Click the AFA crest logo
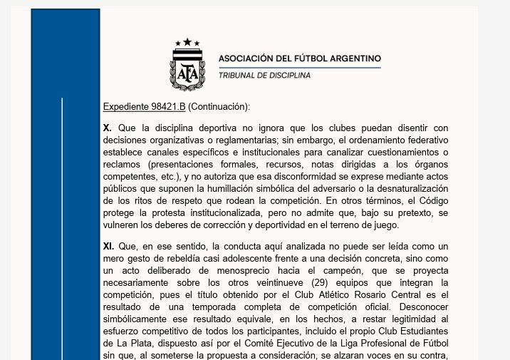point(187,68)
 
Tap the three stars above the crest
point(187,42)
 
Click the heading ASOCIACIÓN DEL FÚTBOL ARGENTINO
point(299,58)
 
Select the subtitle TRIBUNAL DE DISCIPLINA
point(264,75)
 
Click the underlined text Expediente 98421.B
point(144,107)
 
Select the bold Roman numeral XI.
point(109,245)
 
